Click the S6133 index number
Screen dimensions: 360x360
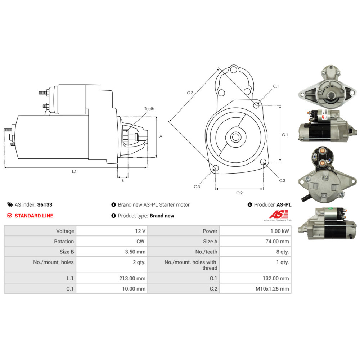tap(45, 204)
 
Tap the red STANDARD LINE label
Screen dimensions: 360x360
tap(34, 216)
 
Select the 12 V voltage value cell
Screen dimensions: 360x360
tap(112, 231)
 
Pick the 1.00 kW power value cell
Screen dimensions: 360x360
tap(255, 231)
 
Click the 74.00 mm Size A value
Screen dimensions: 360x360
tap(277, 241)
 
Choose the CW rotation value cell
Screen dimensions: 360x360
tap(112, 241)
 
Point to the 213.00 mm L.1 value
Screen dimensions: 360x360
tap(132, 278)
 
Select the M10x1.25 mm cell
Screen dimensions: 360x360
tap(255, 289)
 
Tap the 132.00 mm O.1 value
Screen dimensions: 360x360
tap(276, 278)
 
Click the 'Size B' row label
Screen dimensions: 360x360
tap(67, 252)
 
